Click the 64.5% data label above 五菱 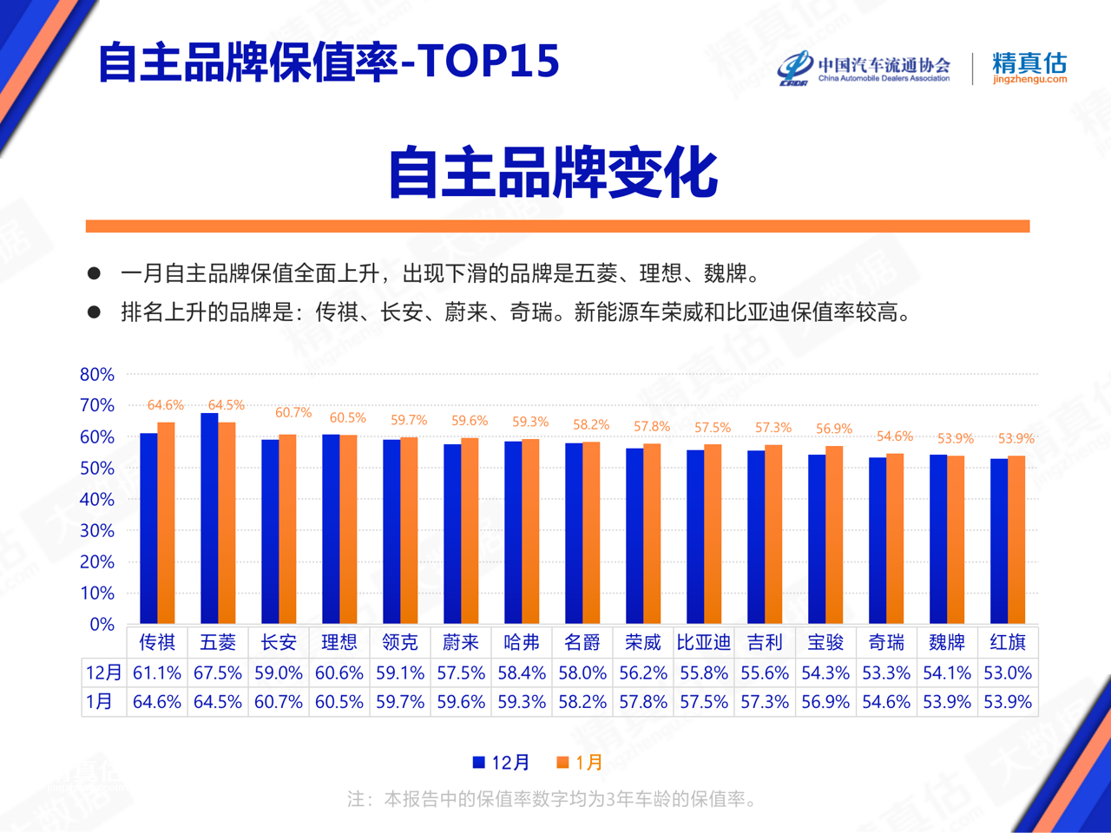point(226,405)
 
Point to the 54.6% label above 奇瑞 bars point(894,436)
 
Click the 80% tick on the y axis point(97,375)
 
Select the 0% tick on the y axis point(102,625)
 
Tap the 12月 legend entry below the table point(501,763)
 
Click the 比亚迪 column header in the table point(703,642)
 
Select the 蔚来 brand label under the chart point(460,642)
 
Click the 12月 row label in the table point(103,672)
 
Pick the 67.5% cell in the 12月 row point(218,672)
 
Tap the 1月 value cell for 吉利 point(764,702)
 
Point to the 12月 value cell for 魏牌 point(946,672)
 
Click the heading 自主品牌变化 point(554,172)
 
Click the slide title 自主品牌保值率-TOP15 point(328,61)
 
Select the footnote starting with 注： point(553,799)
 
